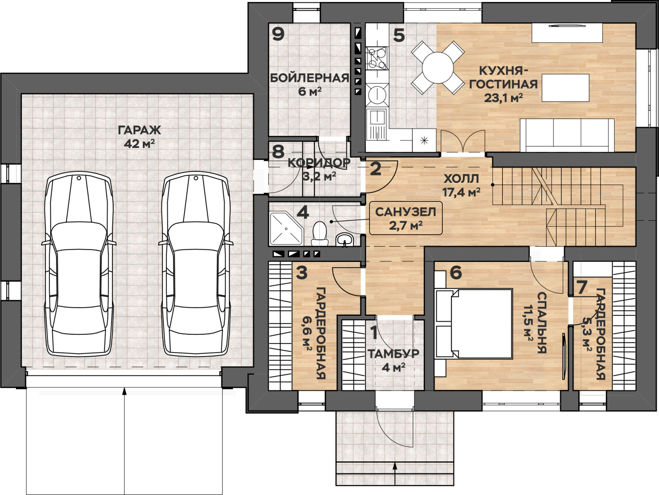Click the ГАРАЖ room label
(139, 130)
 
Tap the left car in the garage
(79, 264)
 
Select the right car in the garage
(196, 264)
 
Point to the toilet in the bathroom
(320, 234)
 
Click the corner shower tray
(286, 228)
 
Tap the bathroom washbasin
(345, 240)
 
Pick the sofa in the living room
(567, 135)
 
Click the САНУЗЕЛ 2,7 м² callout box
(406, 218)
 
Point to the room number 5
(399, 35)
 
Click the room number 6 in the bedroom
(456, 273)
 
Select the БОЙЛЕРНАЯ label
(310, 78)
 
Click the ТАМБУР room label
(393, 354)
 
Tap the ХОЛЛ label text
(461, 179)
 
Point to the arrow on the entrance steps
(395, 472)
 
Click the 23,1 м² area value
(503, 98)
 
